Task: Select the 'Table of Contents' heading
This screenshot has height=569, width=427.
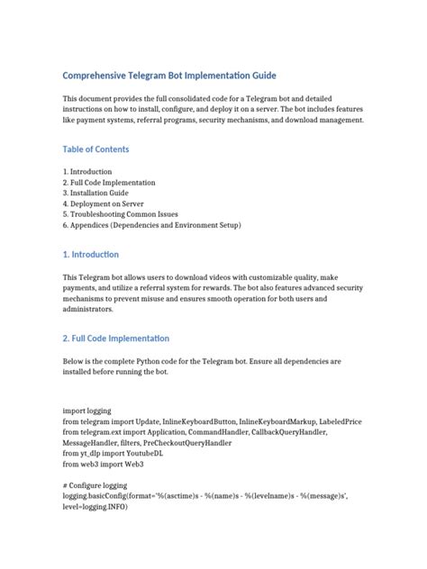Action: tap(95, 149)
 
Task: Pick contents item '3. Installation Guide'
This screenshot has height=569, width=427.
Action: tap(102, 193)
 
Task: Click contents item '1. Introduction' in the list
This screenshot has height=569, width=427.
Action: tap(87, 171)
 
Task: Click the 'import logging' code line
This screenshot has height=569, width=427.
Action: tap(88, 411)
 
